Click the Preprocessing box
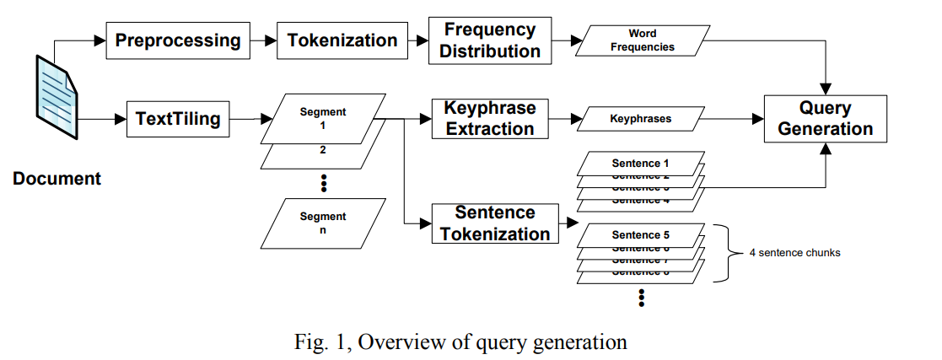(178, 40)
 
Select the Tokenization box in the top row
(342, 40)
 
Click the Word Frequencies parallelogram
(642, 40)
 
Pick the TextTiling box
(178, 119)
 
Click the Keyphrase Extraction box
(489, 119)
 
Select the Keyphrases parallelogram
(640, 119)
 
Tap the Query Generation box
(825, 119)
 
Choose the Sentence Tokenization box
(495, 223)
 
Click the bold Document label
(57, 179)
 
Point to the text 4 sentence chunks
(794, 252)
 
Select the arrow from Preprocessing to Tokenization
(264, 40)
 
